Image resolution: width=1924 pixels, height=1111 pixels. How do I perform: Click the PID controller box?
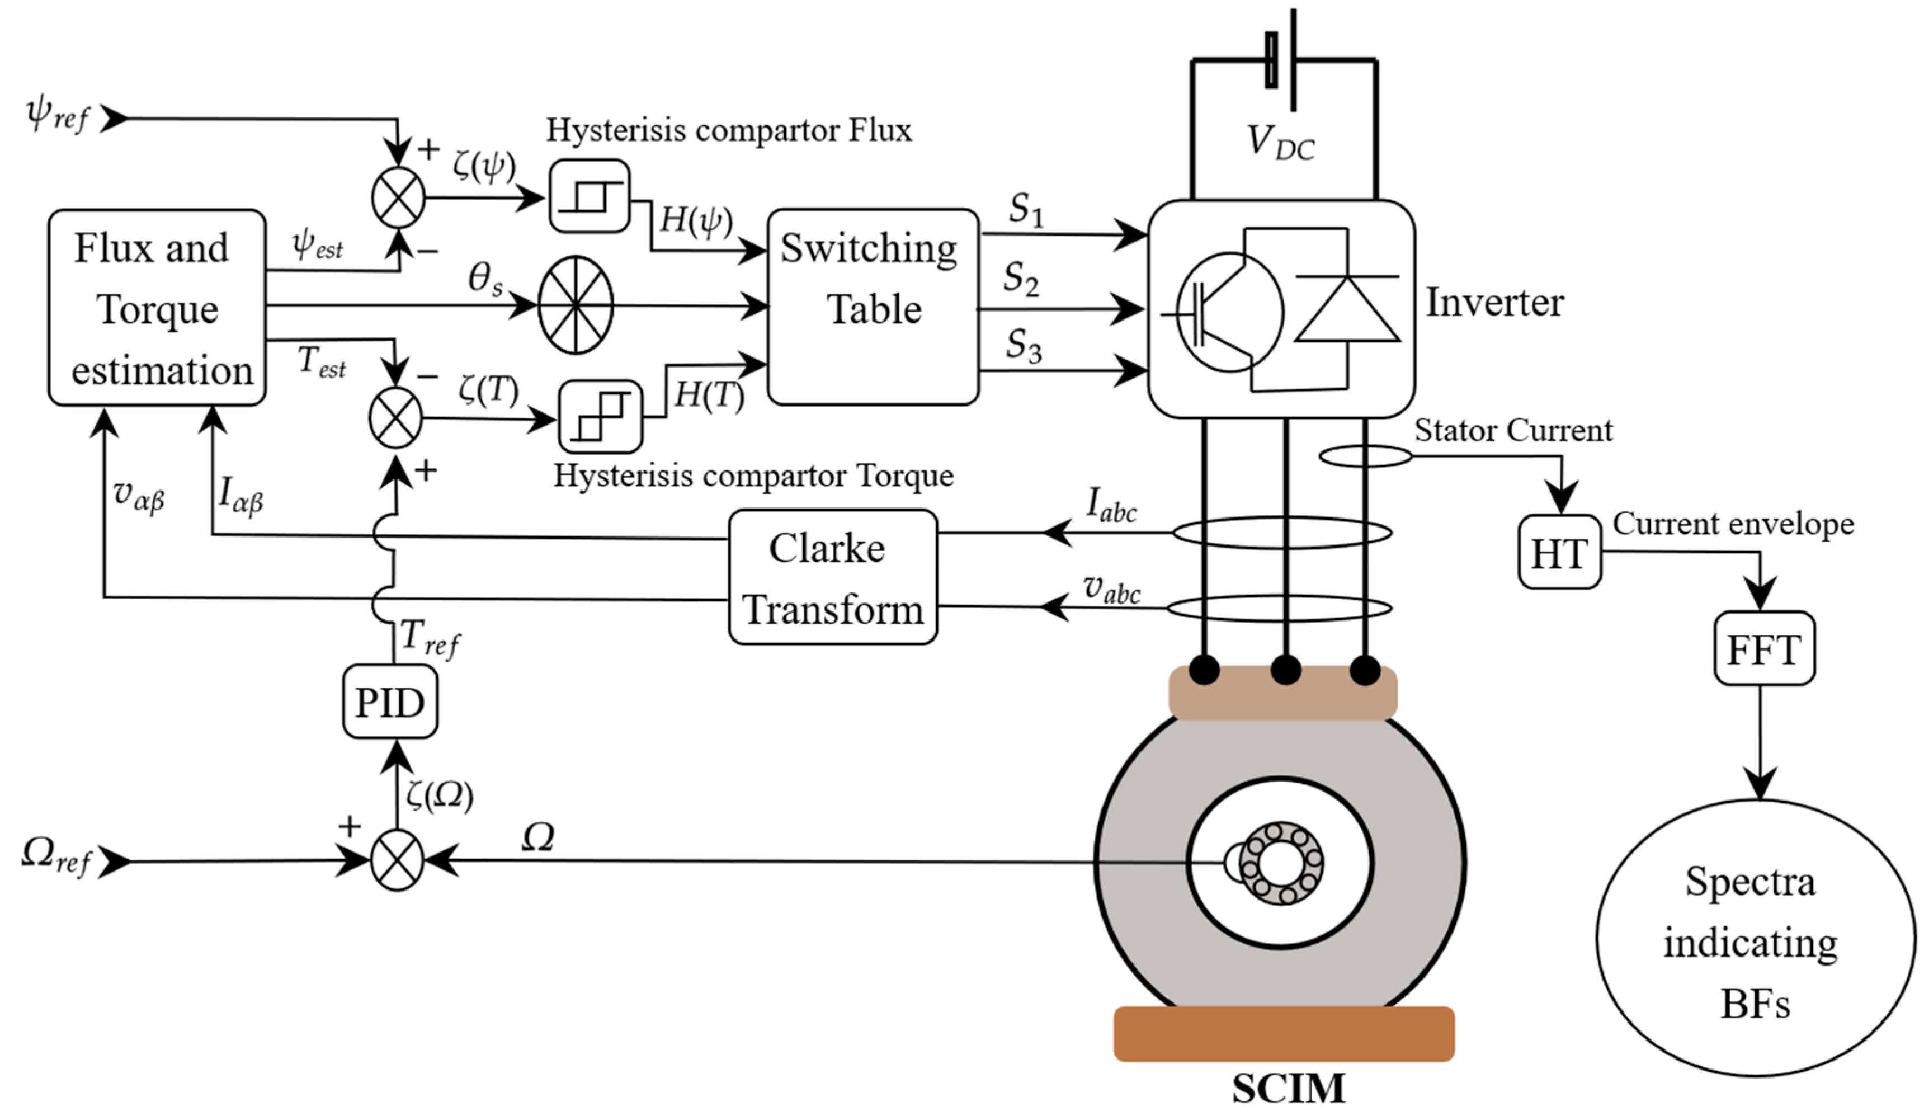tap(390, 702)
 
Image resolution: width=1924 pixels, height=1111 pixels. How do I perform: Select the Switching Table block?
tap(873, 307)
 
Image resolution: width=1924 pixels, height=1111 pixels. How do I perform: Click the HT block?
tap(1559, 553)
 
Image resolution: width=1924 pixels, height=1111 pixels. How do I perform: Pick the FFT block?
tap(1764, 648)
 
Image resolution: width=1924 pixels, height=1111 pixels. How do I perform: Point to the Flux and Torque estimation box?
tap(157, 308)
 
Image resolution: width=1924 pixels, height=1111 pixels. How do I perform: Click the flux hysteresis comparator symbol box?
tap(590, 196)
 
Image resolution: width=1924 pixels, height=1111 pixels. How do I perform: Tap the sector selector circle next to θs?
tap(576, 305)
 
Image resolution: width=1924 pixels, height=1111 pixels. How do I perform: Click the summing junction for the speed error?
tap(397, 860)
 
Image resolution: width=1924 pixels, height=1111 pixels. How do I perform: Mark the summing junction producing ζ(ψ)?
tap(398, 197)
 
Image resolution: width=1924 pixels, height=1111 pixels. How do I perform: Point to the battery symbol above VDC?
tap(1282, 59)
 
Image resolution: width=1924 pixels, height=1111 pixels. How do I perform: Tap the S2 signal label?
tap(1021, 279)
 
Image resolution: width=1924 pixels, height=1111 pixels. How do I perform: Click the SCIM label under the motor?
tap(1289, 1088)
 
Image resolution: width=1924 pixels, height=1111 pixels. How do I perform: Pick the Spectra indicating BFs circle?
tap(1755, 939)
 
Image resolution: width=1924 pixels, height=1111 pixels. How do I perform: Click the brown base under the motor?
tap(1284, 1033)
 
